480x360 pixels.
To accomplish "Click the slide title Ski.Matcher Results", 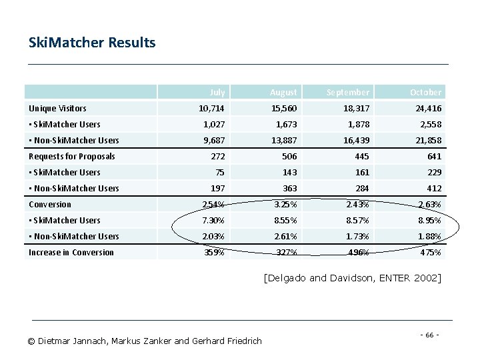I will (92, 43).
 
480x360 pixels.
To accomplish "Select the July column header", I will (217, 92).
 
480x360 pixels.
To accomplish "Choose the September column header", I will (347, 92).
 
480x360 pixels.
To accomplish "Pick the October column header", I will (425, 92).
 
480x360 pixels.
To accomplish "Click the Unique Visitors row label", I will (57, 108).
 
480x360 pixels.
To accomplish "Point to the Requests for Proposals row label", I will (72, 156).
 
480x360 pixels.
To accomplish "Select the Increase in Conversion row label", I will (71, 252).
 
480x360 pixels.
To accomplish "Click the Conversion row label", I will (50, 204).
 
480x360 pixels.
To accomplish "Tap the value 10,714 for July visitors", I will (212, 108).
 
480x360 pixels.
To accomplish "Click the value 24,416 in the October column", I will (427, 108).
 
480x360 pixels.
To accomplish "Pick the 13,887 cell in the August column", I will (283, 140).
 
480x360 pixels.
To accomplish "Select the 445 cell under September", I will (360, 156).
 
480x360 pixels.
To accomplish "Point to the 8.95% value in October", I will (429, 220).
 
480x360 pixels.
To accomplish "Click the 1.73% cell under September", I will (357, 236).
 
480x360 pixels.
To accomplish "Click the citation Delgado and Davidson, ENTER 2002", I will (352, 277).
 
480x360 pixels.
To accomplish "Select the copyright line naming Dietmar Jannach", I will (145, 341).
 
